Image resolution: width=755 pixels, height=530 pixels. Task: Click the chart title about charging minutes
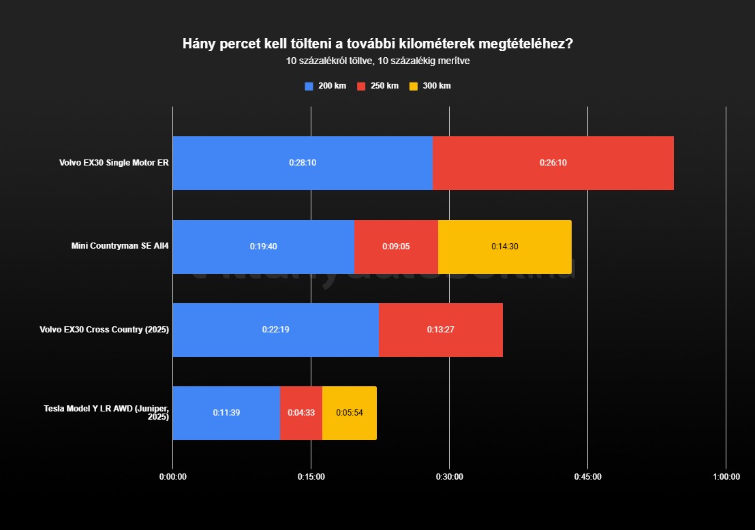(x=377, y=44)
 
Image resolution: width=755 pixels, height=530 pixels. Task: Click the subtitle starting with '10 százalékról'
(x=377, y=61)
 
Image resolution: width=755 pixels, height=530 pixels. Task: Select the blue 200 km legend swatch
(x=309, y=86)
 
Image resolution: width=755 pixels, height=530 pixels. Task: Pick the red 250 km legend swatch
(x=361, y=86)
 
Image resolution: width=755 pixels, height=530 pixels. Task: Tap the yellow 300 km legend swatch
(x=414, y=86)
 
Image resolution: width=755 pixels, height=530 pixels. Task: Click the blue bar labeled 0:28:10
(x=303, y=163)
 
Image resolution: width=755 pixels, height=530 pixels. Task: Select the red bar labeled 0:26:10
(x=553, y=163)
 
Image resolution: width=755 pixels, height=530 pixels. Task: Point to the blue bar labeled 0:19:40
(x=263, y=246)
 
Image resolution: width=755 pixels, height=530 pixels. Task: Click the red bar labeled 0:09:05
(x=396, y=246)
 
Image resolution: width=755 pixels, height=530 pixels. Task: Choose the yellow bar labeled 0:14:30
(x=504, y=246)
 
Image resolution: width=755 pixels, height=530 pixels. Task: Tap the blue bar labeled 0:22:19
(x=275, y=329)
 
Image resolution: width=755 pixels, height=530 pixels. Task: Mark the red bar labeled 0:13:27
(x=440, y=329)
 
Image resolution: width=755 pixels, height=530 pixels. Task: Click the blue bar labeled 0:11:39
(x=226, y=412)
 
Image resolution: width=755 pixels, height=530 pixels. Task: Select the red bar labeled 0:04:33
(x=301, y=412)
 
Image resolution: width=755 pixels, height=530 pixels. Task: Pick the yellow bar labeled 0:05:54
(x=349, y=412)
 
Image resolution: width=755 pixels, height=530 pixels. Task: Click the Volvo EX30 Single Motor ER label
(x=114, y=163)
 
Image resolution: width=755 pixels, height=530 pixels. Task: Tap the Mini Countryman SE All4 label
(x=120, y=246)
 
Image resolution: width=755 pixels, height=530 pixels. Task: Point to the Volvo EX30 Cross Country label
(x=104, y=330)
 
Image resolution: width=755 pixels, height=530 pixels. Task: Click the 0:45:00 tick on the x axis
(x=587, y=477)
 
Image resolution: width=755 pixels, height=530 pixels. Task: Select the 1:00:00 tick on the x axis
(x=726, y=477)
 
